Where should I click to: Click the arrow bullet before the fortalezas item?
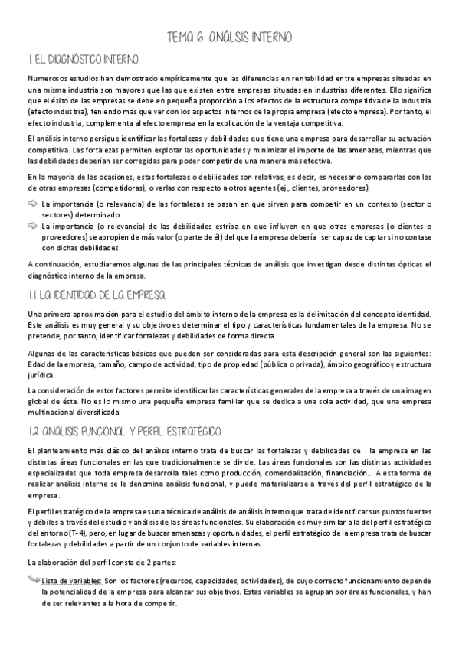coord(32,204)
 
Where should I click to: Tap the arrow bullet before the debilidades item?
coord(32,226)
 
